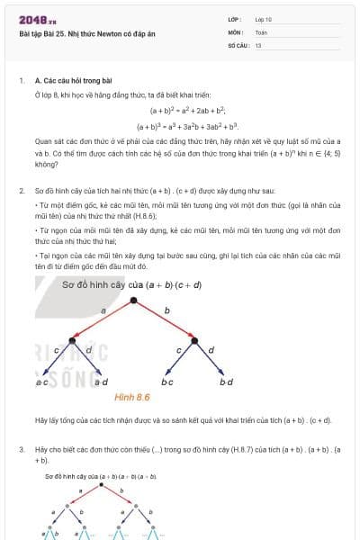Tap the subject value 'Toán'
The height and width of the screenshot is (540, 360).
pos(261,31)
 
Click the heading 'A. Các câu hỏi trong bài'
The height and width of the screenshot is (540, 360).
pos(78,80)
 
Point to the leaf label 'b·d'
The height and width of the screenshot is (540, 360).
pos(226,382)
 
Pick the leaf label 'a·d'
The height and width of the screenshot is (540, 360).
pos(101,382)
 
